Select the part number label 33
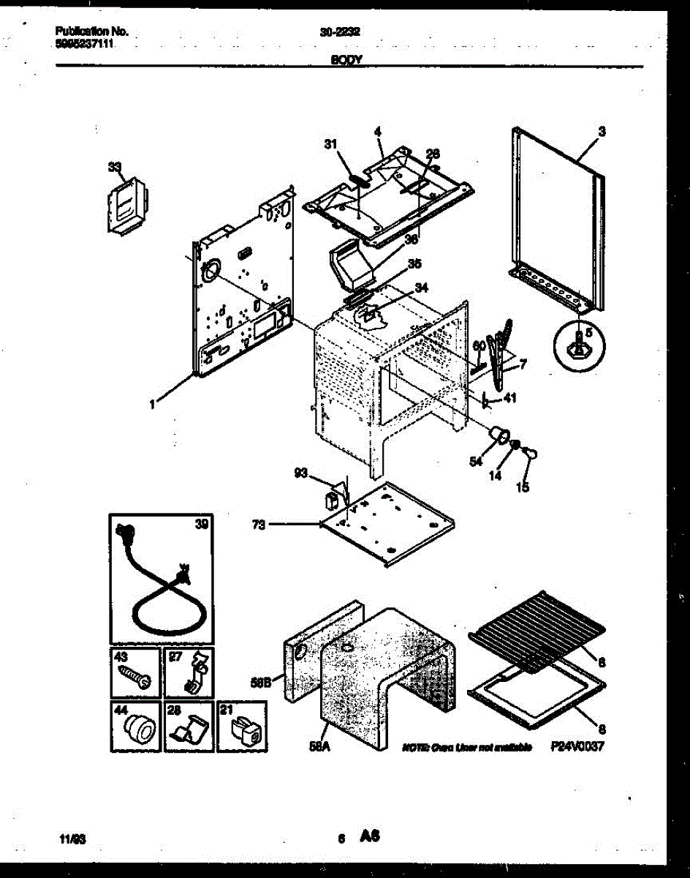click(114, 167)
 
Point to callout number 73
click(257, 524)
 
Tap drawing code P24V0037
click(577, 747)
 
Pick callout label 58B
click(260, 683)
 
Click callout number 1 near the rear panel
click(151, 403)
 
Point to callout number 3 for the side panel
click(601, 132)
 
